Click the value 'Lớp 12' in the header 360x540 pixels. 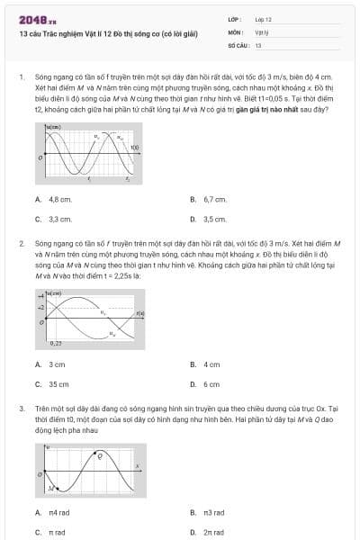pos(263,19)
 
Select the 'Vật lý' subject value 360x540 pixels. pos(261,31)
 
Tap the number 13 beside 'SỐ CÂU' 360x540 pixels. pos(258,44)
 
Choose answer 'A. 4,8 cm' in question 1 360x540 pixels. pos(54,199)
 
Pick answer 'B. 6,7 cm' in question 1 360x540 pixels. pos(209,199)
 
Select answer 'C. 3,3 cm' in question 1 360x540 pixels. pos(54,219)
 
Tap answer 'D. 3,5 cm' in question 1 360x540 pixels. pos(209,219)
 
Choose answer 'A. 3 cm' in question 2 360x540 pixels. pos(51,364)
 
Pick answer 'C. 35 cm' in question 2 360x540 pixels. pos(53,384)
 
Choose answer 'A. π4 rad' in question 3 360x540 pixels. pos(53,512)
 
